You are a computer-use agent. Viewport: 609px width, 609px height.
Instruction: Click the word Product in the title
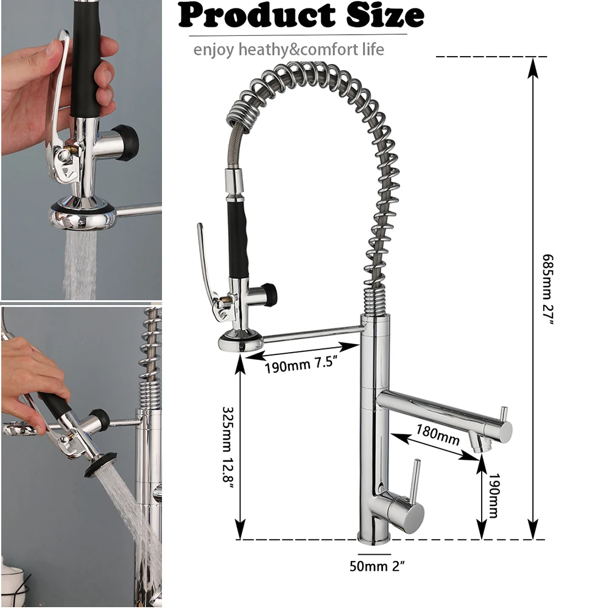256,16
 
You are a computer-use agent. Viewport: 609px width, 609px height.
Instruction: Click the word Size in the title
385,16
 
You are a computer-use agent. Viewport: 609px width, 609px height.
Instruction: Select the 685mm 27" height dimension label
547,289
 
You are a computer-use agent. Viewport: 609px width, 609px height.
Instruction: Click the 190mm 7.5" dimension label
300,364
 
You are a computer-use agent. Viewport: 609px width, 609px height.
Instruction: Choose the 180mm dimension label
438,434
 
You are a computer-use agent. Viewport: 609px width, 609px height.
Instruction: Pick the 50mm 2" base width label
377,566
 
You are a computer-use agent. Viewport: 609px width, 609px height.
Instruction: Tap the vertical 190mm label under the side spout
493,495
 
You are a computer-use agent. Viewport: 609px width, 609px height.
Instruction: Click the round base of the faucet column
374,537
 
